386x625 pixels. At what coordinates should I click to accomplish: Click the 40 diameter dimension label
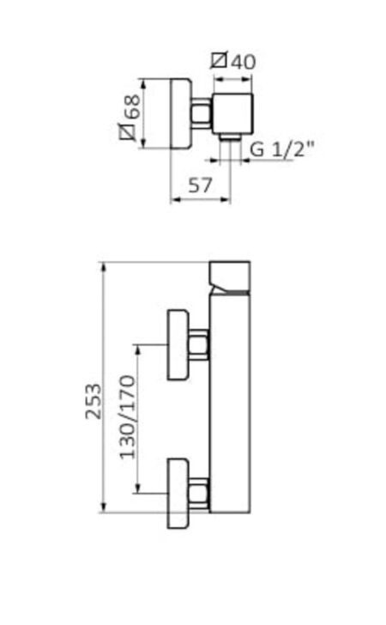pos(233,61)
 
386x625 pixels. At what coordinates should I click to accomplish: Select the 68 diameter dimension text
pos(130,117)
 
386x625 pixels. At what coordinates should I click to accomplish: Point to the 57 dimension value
pos(200,185)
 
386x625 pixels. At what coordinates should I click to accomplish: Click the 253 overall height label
pos(93,401)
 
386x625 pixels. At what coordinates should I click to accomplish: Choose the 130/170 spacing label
pos(128,417)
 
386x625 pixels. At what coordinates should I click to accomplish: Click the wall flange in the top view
pos(181,113)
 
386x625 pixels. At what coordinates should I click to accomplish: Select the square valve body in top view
pos(232,114)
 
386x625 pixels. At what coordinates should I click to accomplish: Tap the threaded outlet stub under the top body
pos(230,137)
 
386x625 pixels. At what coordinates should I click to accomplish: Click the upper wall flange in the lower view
pos(178,344)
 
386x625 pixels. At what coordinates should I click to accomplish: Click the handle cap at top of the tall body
pos(230,278)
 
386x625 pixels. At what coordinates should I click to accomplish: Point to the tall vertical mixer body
pos(230,403)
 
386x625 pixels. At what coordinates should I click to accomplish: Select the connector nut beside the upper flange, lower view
pos(199,345)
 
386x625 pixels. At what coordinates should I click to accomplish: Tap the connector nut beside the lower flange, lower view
pos(199,494)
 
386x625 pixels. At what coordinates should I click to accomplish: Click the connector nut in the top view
pos(202,113)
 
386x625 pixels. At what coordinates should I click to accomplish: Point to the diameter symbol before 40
pos(219,61)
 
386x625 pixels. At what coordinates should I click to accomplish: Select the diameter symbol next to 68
pos(128,131)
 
